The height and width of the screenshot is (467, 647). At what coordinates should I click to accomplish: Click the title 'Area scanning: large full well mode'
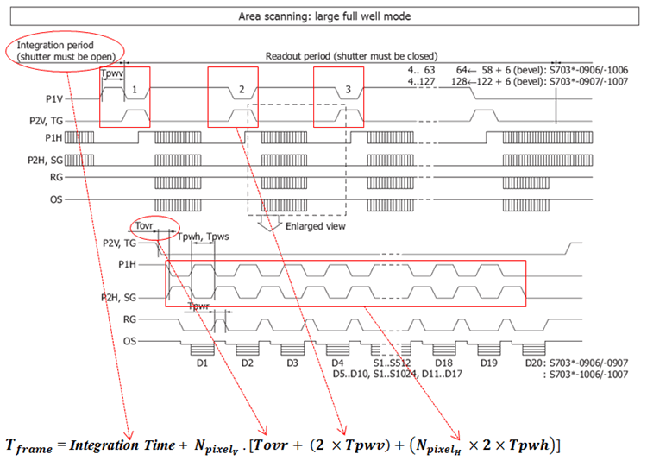324,16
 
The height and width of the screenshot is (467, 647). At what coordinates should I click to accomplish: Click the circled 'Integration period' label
55,45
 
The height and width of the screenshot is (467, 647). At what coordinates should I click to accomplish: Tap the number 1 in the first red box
134,89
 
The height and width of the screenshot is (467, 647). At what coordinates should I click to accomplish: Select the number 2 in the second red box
242,89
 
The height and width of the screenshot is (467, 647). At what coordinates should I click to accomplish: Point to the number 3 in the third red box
348,89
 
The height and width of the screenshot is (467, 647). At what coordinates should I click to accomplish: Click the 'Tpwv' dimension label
112,73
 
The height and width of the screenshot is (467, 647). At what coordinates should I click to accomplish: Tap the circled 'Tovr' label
144,226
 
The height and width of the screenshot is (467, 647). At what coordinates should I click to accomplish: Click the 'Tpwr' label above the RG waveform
198,306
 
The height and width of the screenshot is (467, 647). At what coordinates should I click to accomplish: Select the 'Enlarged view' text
315,226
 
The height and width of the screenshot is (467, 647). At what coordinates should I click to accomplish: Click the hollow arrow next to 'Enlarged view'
269,223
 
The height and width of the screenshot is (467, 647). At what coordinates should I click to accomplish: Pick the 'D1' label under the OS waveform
202,363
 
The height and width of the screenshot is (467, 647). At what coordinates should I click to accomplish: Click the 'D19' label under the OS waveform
488,363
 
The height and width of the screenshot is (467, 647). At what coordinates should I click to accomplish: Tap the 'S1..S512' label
392,363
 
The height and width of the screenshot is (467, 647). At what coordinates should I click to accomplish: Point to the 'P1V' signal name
54,99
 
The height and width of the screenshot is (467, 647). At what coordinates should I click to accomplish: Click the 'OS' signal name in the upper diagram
56,199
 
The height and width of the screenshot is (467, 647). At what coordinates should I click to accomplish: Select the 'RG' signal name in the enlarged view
129,319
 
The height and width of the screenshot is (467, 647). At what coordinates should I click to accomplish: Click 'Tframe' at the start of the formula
28,446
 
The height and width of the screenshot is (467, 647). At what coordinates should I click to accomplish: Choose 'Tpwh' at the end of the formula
530,445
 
